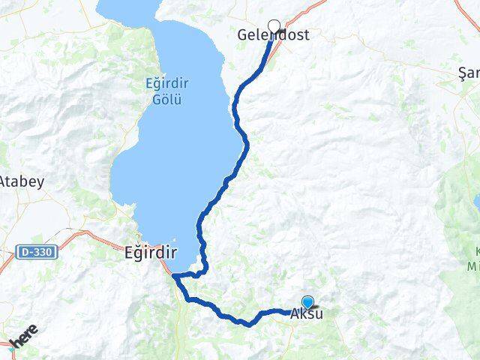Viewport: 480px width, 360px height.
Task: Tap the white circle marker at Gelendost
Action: [274, 25]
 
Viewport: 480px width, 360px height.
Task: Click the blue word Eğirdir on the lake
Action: [162, 85]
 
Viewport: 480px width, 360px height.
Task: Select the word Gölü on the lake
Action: [162, 98]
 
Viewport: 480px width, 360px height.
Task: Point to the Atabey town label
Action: [21, 181]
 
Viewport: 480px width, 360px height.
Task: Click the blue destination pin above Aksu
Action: [307, 301]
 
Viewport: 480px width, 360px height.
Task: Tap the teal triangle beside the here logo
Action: [9, 346]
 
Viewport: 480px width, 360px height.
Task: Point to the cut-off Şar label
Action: [469, 73]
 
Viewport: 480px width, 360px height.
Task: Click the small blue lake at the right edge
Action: [476, 202]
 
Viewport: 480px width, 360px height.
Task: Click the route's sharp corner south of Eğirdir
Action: [174, 276]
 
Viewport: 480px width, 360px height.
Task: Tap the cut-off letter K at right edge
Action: [475, 251]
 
